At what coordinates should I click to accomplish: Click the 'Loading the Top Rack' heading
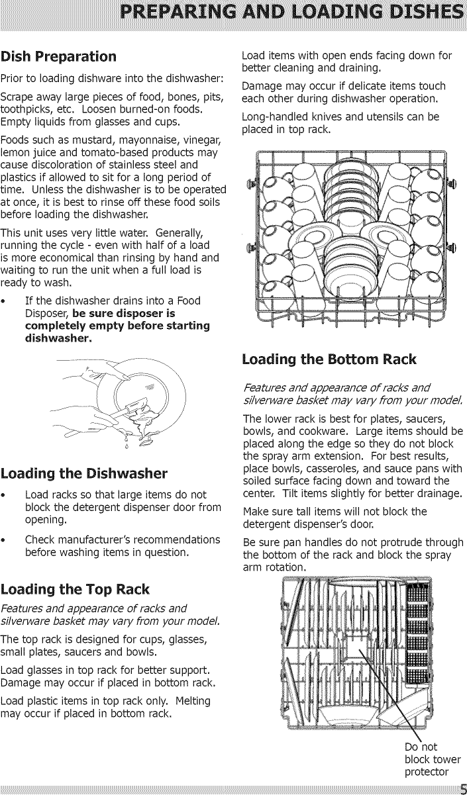[76, 589]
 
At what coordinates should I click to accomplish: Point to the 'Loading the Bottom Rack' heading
[329, 359]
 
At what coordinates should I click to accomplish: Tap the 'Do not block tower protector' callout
[431, 759]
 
